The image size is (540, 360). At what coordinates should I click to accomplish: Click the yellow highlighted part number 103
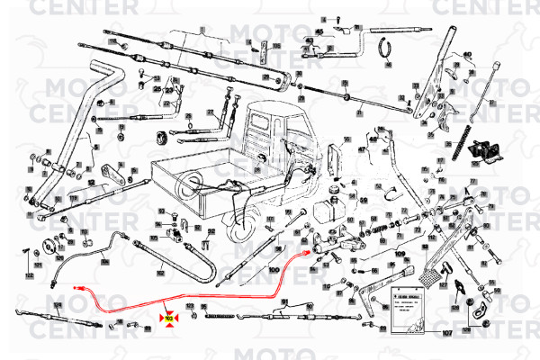(x=168, y=318)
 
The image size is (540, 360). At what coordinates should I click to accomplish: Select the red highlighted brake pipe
(x=225, y=296)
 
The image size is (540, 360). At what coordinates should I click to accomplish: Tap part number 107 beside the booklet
(x=447, y=334)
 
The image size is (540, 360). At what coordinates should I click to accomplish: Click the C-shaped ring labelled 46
(x=388, y=46)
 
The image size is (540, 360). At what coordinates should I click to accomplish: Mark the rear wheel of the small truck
(x=244, y=229)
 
